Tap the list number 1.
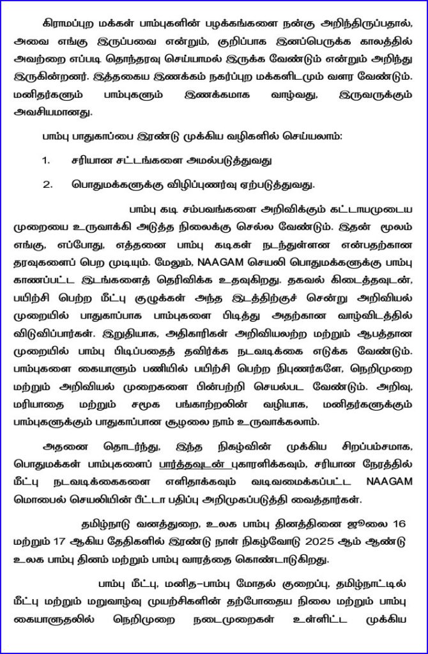coord(47,161)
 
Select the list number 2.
coord(47,185)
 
